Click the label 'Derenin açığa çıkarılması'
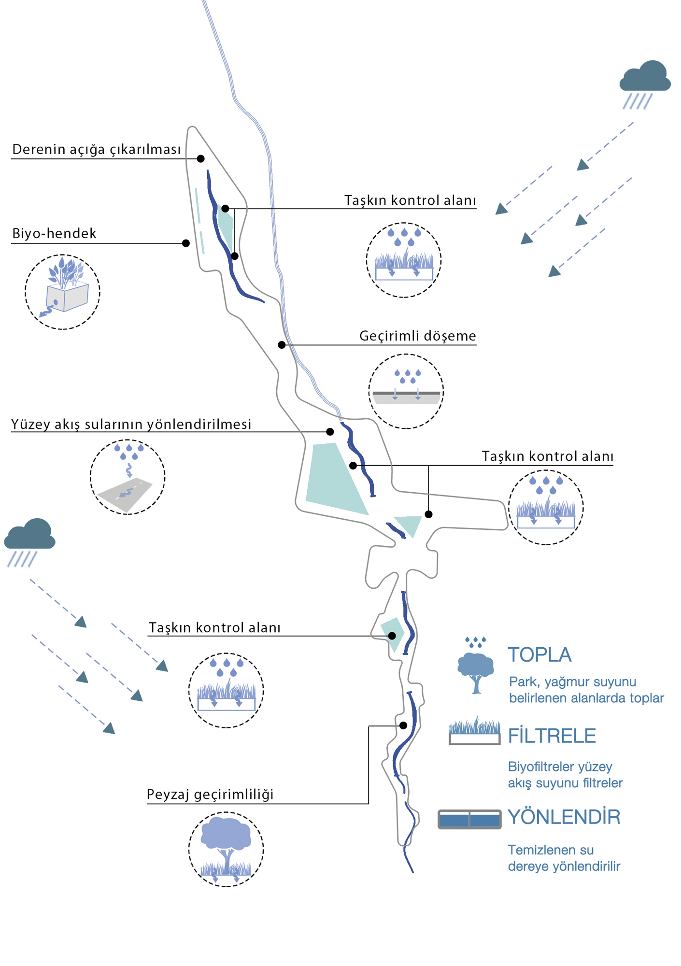pyautogui.click(x=97, y=150)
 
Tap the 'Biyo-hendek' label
pyautogui.click(x=54, y=234)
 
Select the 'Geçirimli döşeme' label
pyautogui.click(x=417, y=336)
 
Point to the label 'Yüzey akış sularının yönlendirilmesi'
pyautogui.click(x=131, y=425)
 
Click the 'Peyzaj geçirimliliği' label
pyautogui.click(x=210, y=795)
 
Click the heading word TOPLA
pyautogui.click(x=539, y=655)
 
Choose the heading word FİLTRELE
pyautogui.click(x=552, y=736)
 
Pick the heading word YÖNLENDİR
pyautogui.click(x=564, y=817)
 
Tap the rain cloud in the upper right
pyautogui.click(x=645, y=77)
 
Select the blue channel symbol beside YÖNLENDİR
pyautogui.click(x=469, y=819)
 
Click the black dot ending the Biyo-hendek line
pyautogui.click(x=186, y=243)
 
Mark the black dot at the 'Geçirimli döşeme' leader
pyautogui.click(x=282, y=345)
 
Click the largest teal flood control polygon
pyautogui.click(x=333, y=478)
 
